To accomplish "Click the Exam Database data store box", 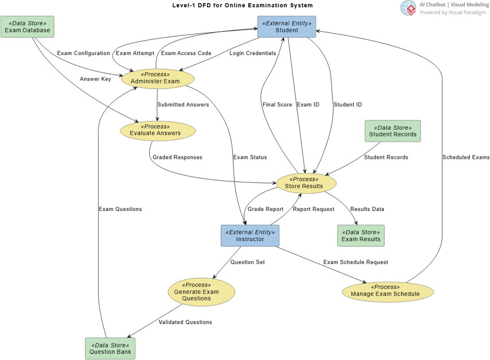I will [28, 26].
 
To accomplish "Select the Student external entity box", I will [287, 26].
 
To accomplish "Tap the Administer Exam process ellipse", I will [158, 78].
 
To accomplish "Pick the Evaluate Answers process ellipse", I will [158, 130].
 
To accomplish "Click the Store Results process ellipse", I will [306, 183].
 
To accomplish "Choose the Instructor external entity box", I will [250, 236].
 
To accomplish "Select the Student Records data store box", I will [393, 131].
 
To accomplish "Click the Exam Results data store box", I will [361, 236].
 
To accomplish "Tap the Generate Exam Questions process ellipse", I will [201, 292].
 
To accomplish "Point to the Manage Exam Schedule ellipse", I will [388, 291].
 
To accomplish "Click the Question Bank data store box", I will [110, 349].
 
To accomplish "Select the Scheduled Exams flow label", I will [466, 157].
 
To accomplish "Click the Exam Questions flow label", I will [120, 209].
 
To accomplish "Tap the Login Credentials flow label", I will [253, 54].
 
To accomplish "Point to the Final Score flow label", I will [277, 105].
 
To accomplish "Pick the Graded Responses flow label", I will [177, 157].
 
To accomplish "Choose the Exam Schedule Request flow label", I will [355, 262].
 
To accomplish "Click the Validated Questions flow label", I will [185, 322].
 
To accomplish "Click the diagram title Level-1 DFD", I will [243, 6].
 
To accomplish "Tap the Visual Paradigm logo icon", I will [408, 8].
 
